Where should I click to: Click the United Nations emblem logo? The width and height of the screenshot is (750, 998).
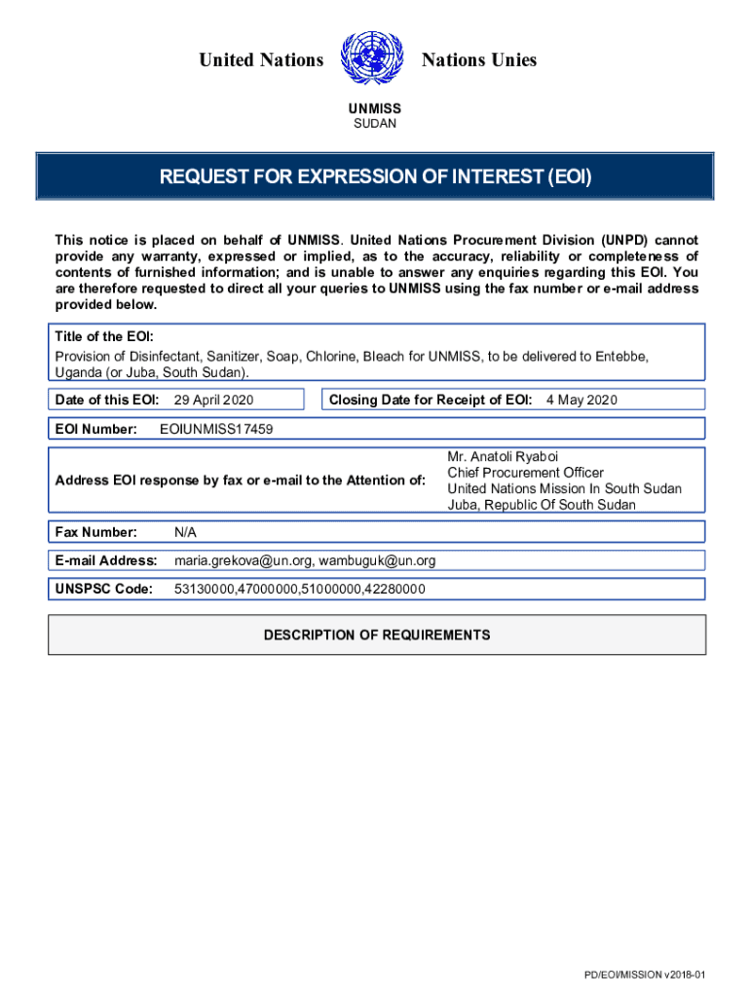(373, 60)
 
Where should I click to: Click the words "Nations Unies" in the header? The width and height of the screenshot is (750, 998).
(479, 60)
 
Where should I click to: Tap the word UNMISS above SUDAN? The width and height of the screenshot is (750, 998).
(375, 109)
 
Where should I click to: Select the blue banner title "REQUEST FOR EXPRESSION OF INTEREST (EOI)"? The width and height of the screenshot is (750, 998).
(376, 177)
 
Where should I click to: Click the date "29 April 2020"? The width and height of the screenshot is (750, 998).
(213, 400)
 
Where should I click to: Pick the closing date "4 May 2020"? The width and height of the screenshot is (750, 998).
(581, 400)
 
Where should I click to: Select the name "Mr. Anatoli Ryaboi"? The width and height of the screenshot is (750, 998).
(503, 456)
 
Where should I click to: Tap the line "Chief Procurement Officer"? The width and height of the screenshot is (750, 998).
(525, 473)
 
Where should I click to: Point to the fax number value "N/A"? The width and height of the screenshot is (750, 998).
(186, 532)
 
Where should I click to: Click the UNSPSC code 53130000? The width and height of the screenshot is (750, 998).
(203, 590)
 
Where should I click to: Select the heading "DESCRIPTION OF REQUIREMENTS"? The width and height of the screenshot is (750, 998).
(377, 635)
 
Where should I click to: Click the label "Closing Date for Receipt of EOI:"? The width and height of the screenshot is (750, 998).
(431, 400)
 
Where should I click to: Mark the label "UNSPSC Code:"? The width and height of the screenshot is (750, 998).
(104, 590)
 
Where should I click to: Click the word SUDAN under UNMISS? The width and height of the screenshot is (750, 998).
(375, 125)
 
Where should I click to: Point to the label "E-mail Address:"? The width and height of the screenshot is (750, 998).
(106, 560)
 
